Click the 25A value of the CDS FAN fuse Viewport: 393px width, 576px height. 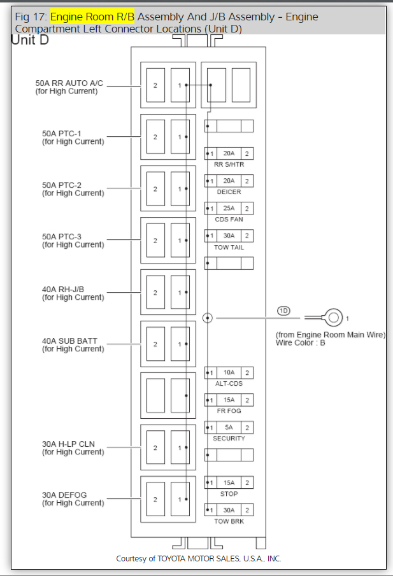click(229, 208)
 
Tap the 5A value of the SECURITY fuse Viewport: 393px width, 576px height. click(229, 428)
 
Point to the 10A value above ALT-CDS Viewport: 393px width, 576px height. click(229, 372)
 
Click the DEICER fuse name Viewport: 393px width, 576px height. click(229, 192)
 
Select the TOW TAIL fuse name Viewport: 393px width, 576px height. click(229, 247)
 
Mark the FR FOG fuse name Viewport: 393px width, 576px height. click(229, 411)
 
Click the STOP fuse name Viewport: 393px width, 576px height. click(229, 494)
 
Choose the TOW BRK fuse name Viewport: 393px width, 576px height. click(229, 521)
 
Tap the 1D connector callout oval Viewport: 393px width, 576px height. click(283, 311)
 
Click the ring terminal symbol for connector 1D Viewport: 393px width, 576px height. click(331, 316)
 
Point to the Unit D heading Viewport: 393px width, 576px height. click(30, 40)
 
